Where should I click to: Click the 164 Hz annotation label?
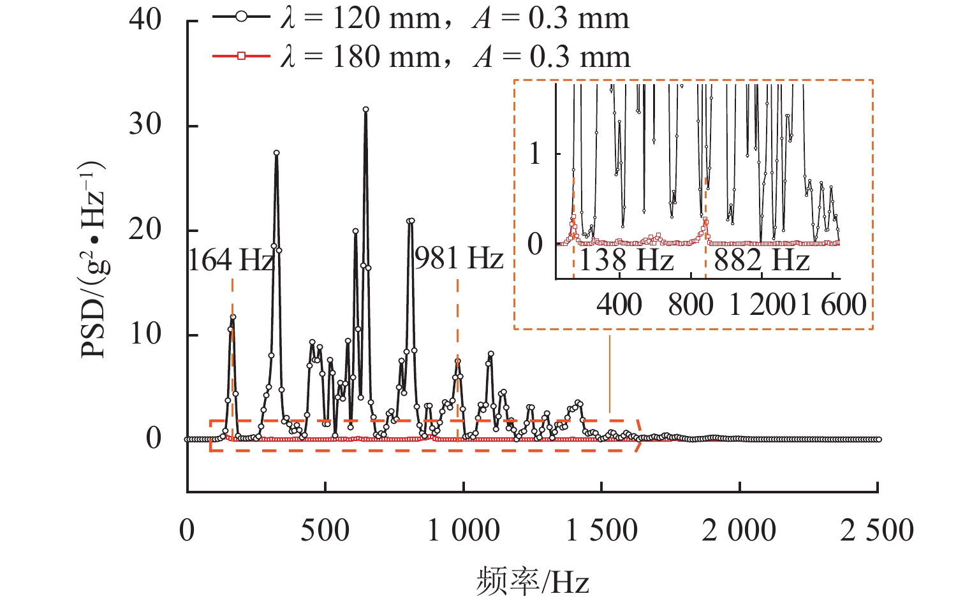[x=231, y=260]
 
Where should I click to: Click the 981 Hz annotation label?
[x=459, y=259]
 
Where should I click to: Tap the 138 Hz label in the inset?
[x=626, y=261]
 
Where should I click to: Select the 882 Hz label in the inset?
[x=762, y=261]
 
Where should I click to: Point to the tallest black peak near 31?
[x=365, y=110]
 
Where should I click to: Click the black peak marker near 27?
[x=276, y=153]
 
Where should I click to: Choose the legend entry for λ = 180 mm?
[x=421, y=57]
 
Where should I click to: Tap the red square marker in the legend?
[x=241, y=57]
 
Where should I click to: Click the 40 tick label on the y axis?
[x=145, y=20]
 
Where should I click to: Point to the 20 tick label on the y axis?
[x=145, y=229]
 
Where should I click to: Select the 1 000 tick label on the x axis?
[x=463, y=530]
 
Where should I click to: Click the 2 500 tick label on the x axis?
[x=877, y=530]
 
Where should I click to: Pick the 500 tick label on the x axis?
[x=325, y=530]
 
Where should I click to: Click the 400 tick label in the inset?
[x=619, y=305]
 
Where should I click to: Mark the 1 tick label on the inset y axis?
[x=536, y=154]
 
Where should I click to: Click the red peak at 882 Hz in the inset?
[x=705, y=221]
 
